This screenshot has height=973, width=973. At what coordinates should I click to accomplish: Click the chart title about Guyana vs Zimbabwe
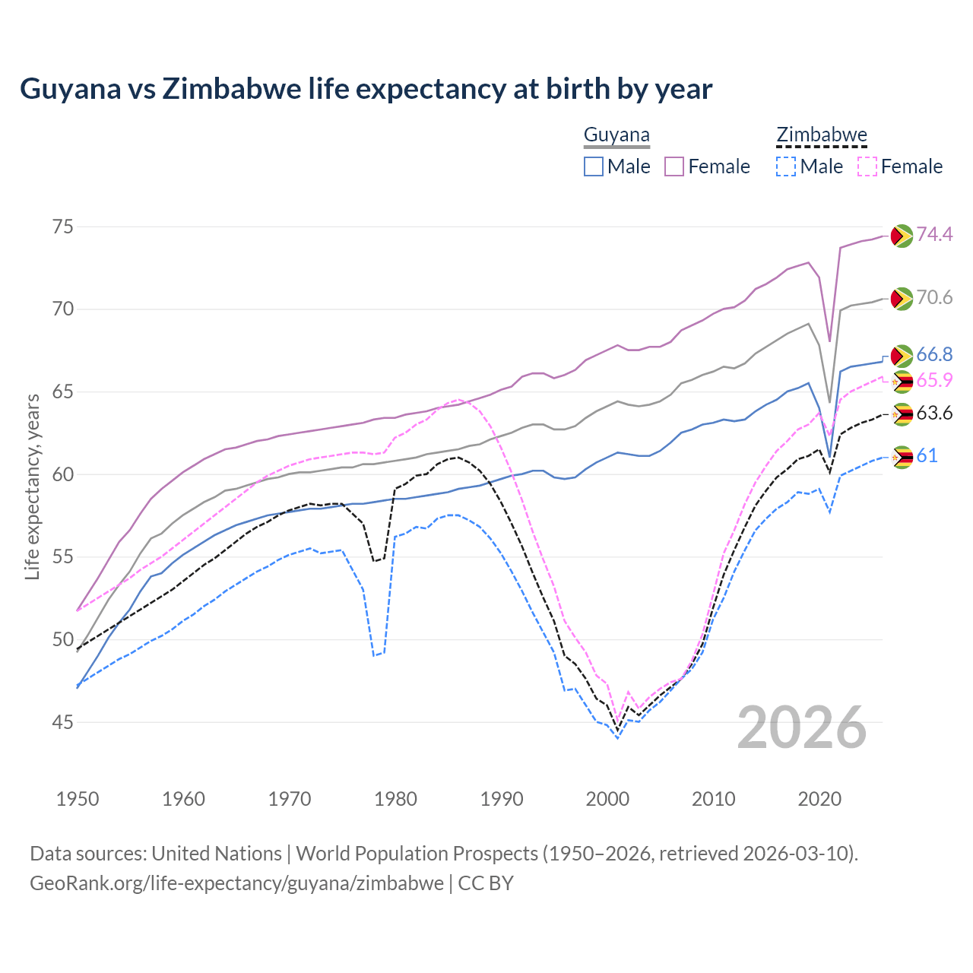coord(366,89)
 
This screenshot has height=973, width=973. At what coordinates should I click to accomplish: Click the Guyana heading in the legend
coord(616,135)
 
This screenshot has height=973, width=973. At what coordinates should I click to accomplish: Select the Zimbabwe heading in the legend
coord(821,135)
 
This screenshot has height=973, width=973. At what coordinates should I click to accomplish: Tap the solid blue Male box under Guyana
coord(594,166)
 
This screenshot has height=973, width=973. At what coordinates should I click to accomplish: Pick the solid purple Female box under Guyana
coord(674,166)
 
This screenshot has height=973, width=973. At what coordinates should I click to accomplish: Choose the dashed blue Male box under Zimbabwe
coord(786,166)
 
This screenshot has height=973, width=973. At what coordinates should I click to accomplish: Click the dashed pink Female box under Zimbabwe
coord(867,166)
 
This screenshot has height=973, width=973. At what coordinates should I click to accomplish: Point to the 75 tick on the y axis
coord(63,227)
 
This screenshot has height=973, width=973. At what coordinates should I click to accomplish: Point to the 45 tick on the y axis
coord(63,722)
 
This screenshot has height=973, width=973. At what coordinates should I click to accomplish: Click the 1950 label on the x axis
coord(78,799)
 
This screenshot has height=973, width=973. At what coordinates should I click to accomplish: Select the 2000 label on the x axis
coord(607,799)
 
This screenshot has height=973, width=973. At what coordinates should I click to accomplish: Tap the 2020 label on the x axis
coord(819,799)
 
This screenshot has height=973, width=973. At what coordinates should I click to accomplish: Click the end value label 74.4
coord(934,234)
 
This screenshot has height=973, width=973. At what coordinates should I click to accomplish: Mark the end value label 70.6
coord(934,297)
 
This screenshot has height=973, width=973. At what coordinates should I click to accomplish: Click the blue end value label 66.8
coord(934,354)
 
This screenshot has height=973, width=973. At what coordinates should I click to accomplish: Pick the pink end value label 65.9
coord(934,381)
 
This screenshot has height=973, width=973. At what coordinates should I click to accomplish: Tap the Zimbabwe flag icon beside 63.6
coord(902,414)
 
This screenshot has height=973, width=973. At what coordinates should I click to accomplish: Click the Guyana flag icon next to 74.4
coord(902,236)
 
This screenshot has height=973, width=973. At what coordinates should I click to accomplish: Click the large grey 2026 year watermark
coord(802,728)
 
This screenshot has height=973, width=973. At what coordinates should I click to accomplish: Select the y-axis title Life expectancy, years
coord(33,486)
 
